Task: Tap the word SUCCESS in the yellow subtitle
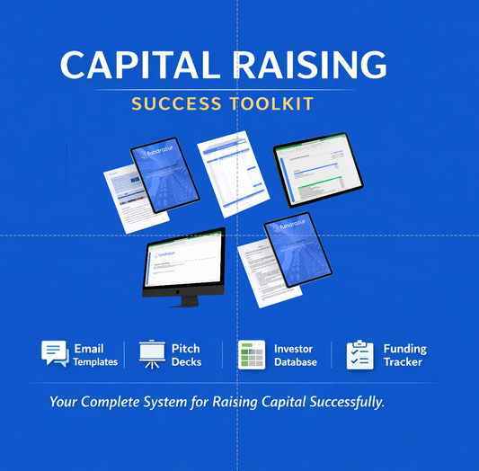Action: (x=176, y=103)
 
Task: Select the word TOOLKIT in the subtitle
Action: (x=271, y=103)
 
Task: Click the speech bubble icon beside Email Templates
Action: (x=54, y=353)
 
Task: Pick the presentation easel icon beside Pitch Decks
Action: (x=150, y=354)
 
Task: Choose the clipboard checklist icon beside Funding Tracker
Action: (x=359, y=354)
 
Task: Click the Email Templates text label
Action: (x=94, y=355)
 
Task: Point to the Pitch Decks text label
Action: (x=186, y=355)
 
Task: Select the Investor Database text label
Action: (x=296, y=355)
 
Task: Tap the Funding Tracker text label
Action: (x=404, y=355)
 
